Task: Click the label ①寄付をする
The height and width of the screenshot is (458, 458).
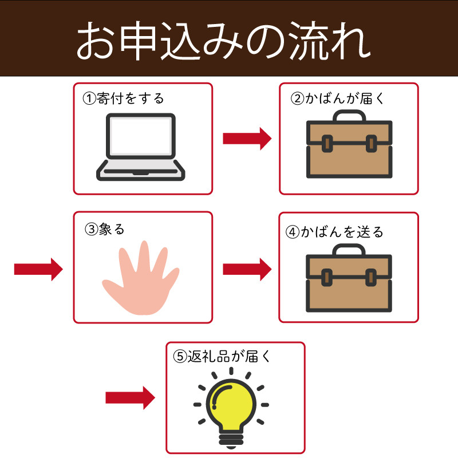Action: [x=124, y=98]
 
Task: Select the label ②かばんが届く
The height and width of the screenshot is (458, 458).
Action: [x=338, y=98]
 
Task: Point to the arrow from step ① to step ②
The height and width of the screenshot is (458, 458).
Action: [x=246, y=137]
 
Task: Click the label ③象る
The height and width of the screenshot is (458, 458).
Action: [x=104, y=230]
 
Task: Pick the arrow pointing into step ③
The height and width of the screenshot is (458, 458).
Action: [x=38, y=268]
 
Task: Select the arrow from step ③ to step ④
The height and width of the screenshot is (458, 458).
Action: [x=246, y=268]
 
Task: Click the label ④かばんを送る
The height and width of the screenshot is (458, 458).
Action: [x=334, y=232]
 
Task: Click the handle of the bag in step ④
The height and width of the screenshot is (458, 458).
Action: [x=349, y=248]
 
